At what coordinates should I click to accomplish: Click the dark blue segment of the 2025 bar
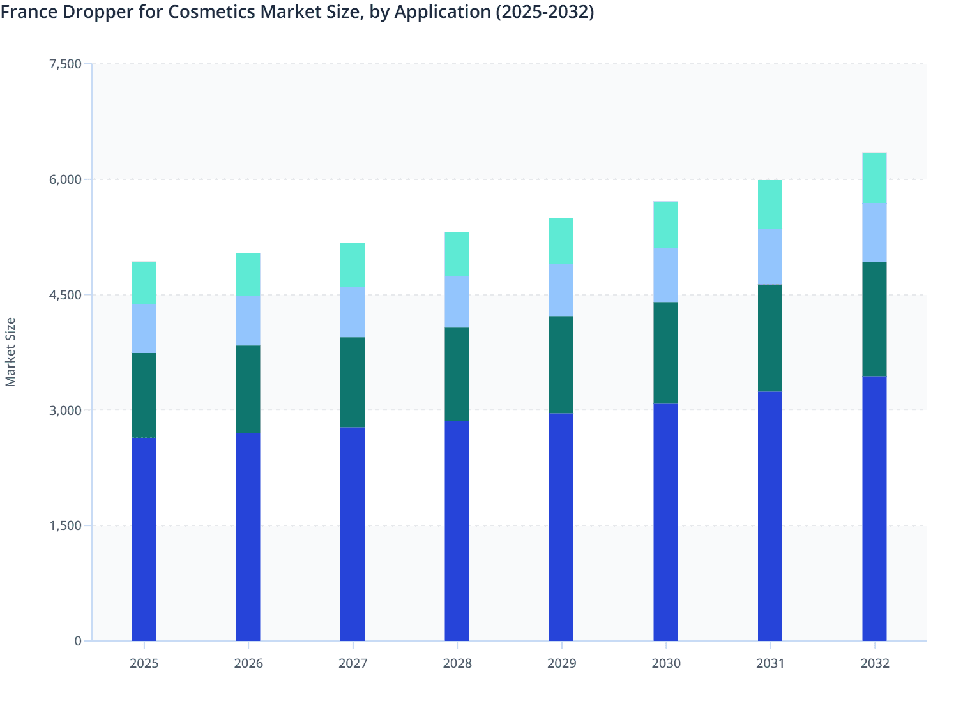(x=144, y=539)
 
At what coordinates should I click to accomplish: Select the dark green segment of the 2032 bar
(x=874, y=319)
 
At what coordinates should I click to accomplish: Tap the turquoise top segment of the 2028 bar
(x=457, y=254)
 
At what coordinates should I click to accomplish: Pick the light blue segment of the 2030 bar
(x=665, y=275)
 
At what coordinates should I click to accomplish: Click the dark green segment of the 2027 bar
(x=353, y=382)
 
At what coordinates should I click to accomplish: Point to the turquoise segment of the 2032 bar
(x=874, y=177)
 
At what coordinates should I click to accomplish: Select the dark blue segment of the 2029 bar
(x=561, y=527)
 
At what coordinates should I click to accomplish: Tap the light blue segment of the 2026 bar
(x=248, y=320)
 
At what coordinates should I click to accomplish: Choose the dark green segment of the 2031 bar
(x=770, y=338)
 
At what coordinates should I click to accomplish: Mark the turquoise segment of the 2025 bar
(x=144, y=282)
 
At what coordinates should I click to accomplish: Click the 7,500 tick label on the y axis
(x=65, y=64)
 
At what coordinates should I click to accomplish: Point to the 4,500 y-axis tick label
(x=65, y=295)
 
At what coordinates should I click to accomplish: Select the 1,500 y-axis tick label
(x=65, y=525)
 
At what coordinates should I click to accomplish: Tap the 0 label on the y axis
(x=78, y=641)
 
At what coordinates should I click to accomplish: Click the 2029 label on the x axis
(x=561, y=663)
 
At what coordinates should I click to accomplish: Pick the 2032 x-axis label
(x=874, y=663)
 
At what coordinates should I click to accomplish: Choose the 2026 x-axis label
(x=248, y=663)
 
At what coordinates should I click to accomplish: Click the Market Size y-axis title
(x=10, y=352)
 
